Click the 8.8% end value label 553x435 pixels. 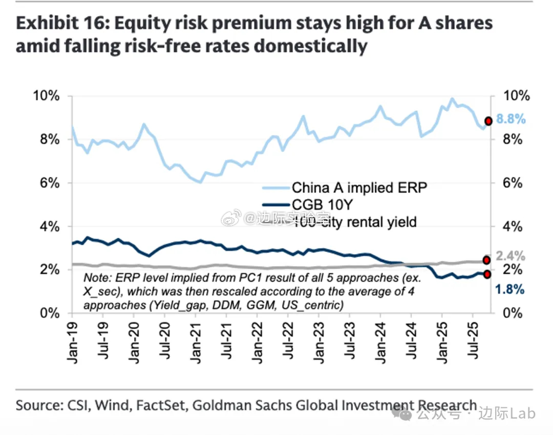coord(511,119)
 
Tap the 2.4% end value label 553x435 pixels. coord(511,256)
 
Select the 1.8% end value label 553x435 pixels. coord(510,289)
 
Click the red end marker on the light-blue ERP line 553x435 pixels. coord(488,121)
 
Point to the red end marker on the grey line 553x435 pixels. coord(486,260)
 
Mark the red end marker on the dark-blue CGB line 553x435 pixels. coord(487,275)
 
